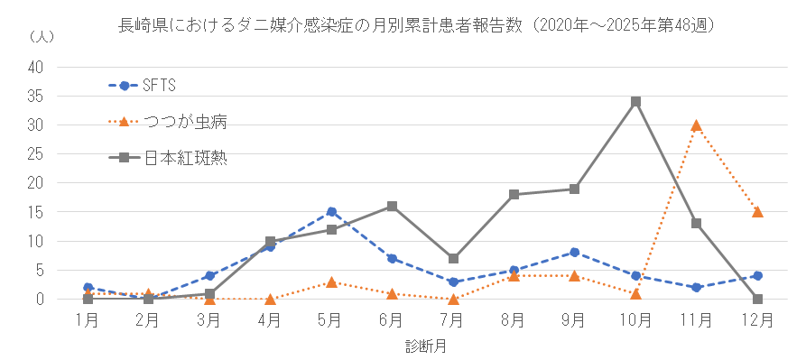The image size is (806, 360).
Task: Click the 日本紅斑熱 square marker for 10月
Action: (x=635, y=101)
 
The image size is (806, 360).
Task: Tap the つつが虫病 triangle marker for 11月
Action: (x=696, y=125)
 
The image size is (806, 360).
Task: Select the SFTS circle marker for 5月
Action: (x=331, y=212)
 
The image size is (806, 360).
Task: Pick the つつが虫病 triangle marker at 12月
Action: (x=757, y=212)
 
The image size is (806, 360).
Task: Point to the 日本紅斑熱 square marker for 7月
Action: (x=453, y=259)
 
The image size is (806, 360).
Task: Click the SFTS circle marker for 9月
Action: (x=574, y=253)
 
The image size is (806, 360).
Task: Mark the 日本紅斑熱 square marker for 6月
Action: (x=392, y=206)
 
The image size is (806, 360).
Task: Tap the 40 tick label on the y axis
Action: (x=36, y=67)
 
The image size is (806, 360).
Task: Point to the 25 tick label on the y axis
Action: (x=36, y=154)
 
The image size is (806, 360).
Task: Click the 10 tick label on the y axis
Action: (x=36, y=241)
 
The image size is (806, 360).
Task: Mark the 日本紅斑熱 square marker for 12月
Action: (x=757, y=299)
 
